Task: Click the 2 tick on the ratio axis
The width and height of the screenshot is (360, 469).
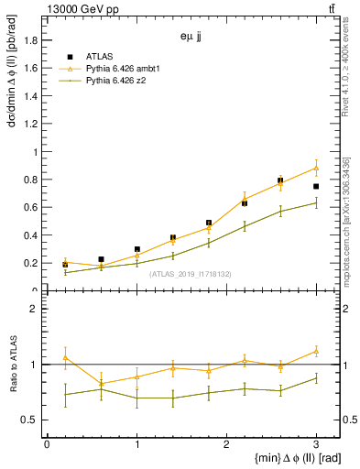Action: point(35,309)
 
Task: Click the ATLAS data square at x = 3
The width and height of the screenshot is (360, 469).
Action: point(316,186)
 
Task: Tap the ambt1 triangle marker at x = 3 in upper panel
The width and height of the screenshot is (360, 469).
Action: point(316,168)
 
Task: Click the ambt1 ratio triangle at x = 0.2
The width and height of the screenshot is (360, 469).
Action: point(65,357)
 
